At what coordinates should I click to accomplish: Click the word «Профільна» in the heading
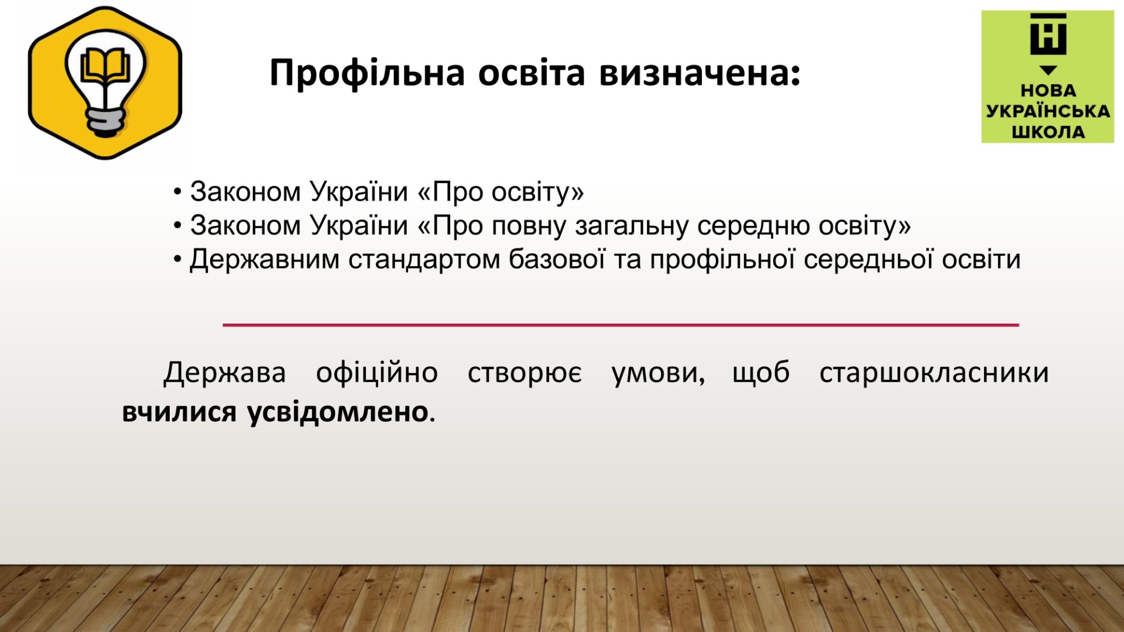368,74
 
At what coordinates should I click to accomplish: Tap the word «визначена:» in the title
700,73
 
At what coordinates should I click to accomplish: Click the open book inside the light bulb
105,66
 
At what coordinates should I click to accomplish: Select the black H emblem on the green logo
1048,35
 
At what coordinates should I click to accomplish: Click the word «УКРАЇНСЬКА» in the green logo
1048,111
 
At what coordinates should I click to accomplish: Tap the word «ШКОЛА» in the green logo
1048,132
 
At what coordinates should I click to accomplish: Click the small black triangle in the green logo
1048,70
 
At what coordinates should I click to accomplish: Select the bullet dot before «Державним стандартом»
177,259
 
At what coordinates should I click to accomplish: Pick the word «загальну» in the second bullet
632,226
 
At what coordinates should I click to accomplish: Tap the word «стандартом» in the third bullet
424,259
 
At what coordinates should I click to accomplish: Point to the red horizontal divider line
621,325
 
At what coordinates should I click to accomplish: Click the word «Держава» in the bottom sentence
225,373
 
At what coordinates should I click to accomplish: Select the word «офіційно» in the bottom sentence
377,372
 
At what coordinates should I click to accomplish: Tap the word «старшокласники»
934,373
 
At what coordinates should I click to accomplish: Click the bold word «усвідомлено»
338,412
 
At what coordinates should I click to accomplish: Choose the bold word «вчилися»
179,412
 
